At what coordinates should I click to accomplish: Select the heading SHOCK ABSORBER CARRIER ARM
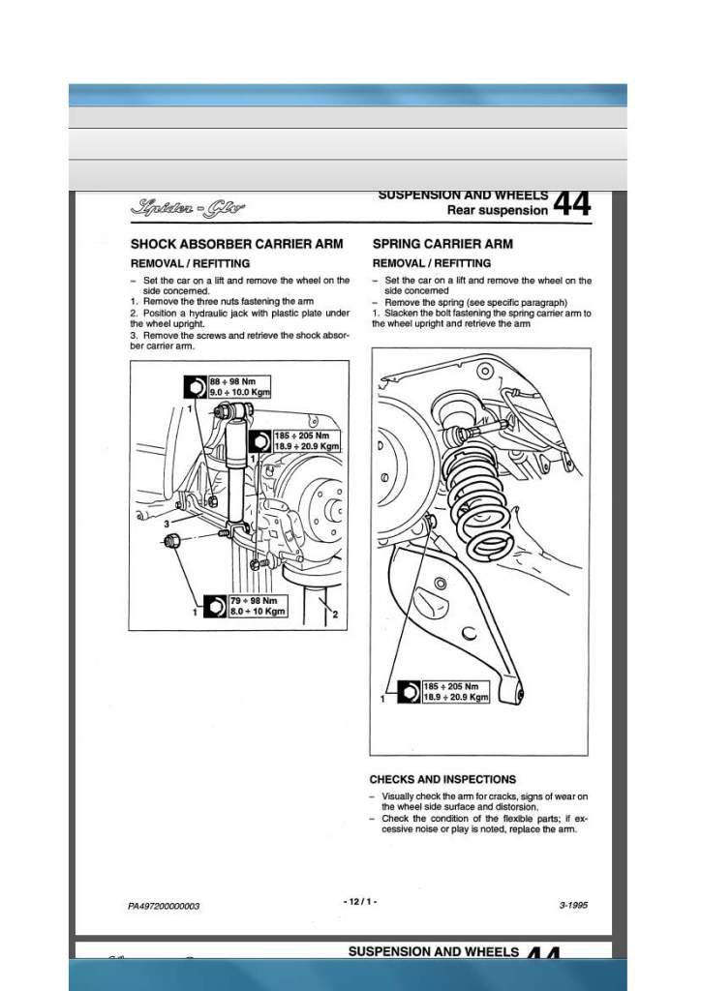pyautogui.click(x=236, y=244)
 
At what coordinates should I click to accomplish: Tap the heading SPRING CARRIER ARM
pyautogui.click(x=442, y=244)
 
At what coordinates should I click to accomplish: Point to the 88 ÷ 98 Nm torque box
pyautogui.click(x=239, y=387)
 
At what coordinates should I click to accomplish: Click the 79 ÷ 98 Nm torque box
pyautogui.click(x=257, y=606)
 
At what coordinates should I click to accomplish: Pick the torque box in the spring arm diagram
pyautogui.click(x=456, y=691)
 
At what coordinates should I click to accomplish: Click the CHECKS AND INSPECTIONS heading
pyautogui.click(x=442, y=779)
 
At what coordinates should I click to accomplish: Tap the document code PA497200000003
pyautogui.click(x=164, y=906)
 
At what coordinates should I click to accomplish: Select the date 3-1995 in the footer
pyautogui.click(x=573, y=906)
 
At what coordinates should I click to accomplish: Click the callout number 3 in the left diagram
pyautogui.click(x=167, y=524)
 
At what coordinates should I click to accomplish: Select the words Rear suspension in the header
pyautogui.click(x=498, y=210)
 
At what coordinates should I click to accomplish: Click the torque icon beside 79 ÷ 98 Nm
pyautogui.click(x=213, y=607)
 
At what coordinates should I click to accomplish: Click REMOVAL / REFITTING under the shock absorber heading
pyautogui.click(x=190, y=263)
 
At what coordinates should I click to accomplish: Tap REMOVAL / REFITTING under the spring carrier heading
pyautogui.click(x=431, y=263)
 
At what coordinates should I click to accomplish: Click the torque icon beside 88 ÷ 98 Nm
pyautogui.click(x=196, y=387)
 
